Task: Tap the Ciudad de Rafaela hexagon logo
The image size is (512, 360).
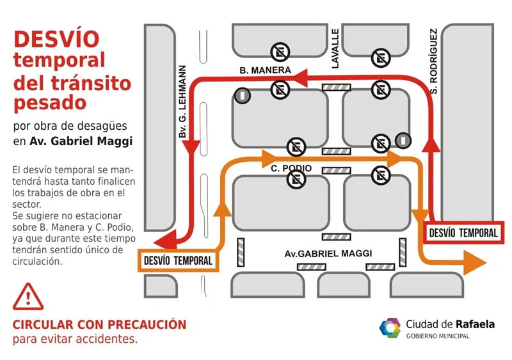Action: pos(389,327)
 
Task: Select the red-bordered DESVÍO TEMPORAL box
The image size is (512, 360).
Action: pos(463,233)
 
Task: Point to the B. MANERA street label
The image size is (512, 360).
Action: pos(265,70)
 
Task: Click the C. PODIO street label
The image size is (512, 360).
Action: pos(291,168)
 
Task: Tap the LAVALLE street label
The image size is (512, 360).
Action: pos(335,49)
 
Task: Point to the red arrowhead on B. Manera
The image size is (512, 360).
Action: pos(301,79)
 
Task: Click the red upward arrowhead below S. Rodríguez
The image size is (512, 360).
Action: pos(432,145)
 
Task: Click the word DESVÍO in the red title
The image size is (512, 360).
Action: pos(56,39)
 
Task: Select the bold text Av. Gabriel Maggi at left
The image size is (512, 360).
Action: pos(81,142)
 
